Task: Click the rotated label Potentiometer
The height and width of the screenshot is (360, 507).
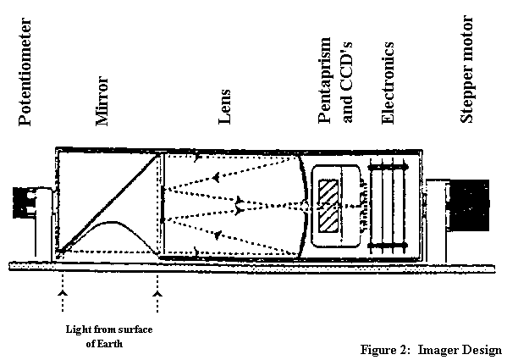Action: click(x=25, y=72)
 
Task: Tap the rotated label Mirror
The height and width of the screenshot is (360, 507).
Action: click(x=102, y=101)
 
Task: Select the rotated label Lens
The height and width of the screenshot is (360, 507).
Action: click(x=225, y=107)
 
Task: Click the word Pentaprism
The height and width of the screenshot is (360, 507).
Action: click(x=325, y=80)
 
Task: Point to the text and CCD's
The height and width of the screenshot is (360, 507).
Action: click(x=347, y=82)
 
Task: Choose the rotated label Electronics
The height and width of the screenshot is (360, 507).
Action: click(x=388, y=83)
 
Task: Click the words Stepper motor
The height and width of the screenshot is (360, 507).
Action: click(x=466, y=69)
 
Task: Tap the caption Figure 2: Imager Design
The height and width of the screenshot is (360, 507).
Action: click(x=431, y=350)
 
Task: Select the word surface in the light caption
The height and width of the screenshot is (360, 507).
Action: click(x=135, y=330)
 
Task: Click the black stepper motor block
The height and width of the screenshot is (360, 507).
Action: click(x=469, y=205)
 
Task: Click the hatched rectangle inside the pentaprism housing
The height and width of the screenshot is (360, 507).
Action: click(x=328, y=206)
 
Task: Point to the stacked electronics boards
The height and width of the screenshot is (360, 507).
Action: click(x=388, y=206)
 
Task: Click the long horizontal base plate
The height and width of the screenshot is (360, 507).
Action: click(x=252, y=267)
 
